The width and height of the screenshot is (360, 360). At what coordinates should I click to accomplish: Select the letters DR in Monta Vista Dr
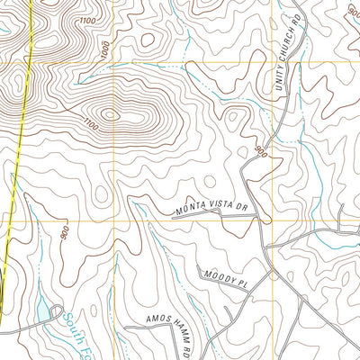[x=241, y=206]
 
